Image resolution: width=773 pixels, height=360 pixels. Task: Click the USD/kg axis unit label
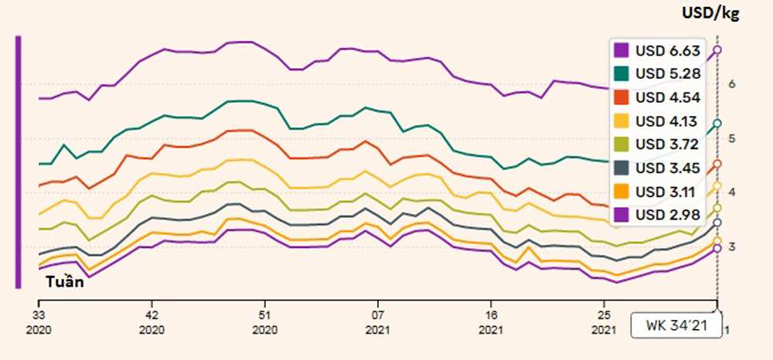tap(711, 13)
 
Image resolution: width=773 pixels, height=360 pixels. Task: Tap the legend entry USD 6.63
tap(658, 51)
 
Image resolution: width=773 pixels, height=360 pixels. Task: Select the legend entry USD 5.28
tap(658, 75)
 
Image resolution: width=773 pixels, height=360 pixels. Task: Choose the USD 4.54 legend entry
tap(658, 98)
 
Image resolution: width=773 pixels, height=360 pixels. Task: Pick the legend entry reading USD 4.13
tap(658, 121)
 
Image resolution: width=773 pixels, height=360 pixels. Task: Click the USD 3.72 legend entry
tap(658, 144)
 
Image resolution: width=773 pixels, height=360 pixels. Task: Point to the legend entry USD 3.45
tap(658, 168)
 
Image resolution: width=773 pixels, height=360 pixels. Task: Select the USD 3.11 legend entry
tap(658, 191)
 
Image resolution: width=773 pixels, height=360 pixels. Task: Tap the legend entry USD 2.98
tap(658, 214)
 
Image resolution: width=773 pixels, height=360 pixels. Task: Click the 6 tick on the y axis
tap(731, 84)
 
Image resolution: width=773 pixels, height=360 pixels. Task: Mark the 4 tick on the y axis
tap(731, 192)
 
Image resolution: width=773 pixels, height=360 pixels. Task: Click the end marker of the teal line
tap(717, 124)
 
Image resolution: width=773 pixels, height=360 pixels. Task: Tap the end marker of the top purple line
tap(717, 50)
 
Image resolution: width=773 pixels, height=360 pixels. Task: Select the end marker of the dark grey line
tap(717, 222)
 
